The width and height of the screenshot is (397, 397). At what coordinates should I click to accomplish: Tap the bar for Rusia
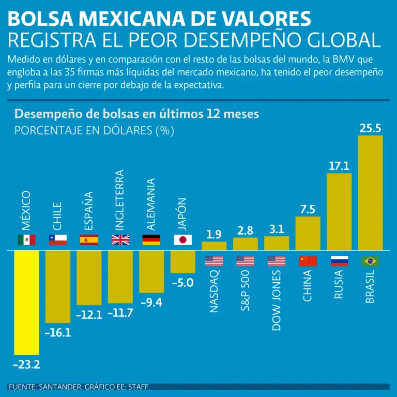[339, 212]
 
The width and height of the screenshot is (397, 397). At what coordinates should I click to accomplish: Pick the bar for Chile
[58, 286]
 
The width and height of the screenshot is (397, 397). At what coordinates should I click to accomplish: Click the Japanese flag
[182, 240]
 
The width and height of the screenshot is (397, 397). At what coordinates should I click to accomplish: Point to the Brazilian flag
[370, 261]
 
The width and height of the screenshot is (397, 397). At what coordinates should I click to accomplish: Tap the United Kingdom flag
[120, 240]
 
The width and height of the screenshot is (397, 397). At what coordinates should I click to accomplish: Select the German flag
[151, 240]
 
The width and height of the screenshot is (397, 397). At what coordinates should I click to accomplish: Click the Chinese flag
[308, 261]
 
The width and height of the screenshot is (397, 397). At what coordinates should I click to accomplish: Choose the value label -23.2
[26, 365]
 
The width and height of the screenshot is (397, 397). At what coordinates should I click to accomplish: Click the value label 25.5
[370, 128]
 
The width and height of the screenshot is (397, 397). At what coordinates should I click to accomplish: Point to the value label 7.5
[308, 209]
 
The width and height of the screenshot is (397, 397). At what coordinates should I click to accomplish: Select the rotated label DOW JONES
[277, 300]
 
